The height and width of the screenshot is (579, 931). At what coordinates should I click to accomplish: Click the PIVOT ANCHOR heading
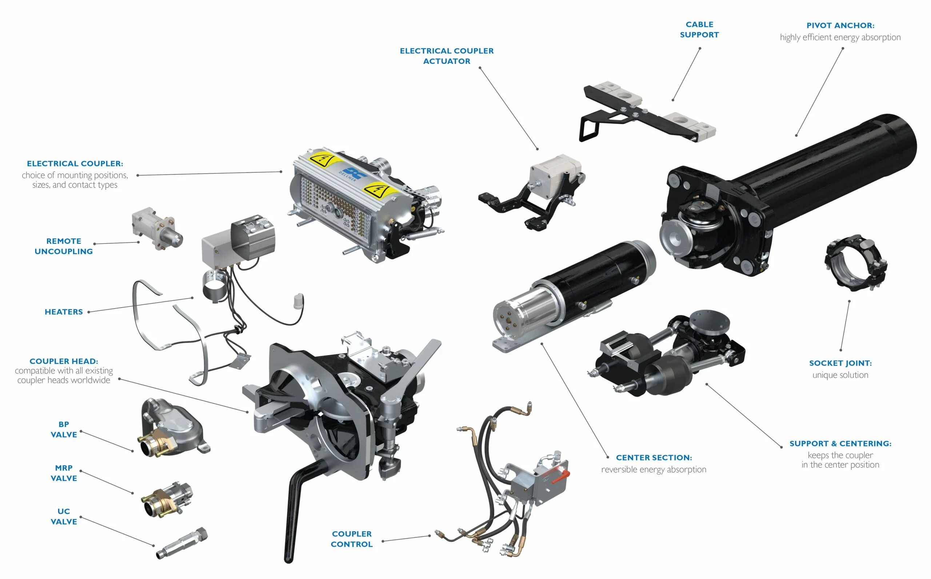click(840, 26)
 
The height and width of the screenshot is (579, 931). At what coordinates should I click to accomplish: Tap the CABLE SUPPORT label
click(699, 29)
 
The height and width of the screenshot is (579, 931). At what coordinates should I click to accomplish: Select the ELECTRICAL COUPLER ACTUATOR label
click(447, 56)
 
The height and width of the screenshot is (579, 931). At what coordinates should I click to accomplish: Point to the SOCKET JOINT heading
click(840, 363)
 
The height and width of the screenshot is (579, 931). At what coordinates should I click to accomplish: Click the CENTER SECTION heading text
click(654, 458)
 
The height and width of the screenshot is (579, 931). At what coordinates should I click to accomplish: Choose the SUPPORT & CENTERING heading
click(840, 443)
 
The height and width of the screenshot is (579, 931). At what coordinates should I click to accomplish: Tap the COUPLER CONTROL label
click(351, 539)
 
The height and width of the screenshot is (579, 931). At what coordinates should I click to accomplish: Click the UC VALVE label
click(64, 516)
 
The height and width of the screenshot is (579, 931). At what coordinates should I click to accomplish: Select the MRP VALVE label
click(64, 473)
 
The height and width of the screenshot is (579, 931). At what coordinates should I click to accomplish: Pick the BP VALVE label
click(64, 429)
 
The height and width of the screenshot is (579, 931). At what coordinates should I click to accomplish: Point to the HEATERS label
click(64, 312)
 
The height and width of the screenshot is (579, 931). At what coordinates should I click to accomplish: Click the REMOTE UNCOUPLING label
click(64, 246)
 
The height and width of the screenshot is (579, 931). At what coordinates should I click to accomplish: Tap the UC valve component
click(181, 543)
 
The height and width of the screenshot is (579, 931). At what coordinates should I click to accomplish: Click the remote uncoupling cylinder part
click(157, 229)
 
